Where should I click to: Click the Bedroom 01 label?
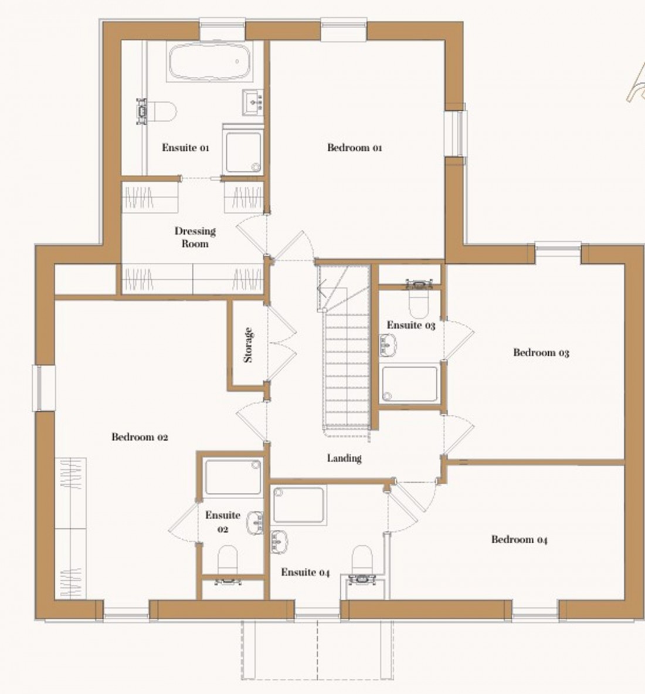354,148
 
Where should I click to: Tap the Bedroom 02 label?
140,437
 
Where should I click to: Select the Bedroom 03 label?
541,353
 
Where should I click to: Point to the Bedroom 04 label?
519,540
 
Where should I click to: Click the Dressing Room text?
195,237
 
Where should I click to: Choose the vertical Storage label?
248,345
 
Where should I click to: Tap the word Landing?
344,458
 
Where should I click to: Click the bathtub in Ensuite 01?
210,62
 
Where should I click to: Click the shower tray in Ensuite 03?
410,384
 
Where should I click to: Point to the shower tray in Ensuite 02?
233,478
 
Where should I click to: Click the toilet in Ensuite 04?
362,563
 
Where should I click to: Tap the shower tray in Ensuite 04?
298,505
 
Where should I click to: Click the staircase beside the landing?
346,364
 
